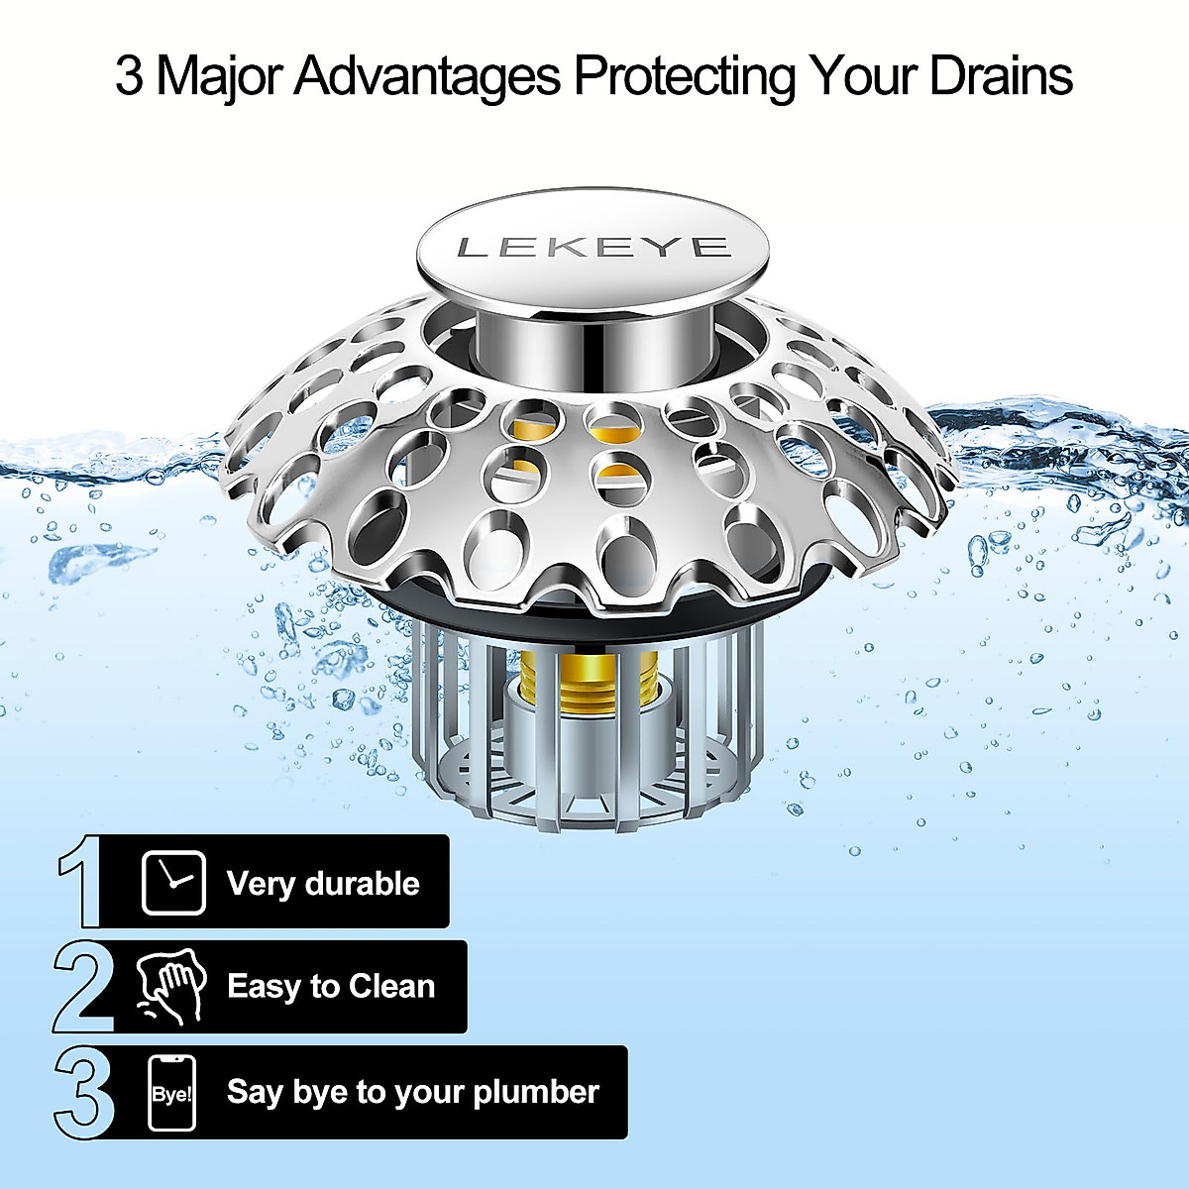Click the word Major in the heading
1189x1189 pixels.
217,76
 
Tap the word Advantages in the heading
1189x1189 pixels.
427,76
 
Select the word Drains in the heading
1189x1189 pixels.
1001,76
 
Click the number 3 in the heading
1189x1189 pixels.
128,76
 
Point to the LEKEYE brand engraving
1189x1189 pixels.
594,247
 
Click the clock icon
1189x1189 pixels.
173,882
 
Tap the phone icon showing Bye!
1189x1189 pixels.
172,1093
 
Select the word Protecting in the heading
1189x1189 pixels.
684,76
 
